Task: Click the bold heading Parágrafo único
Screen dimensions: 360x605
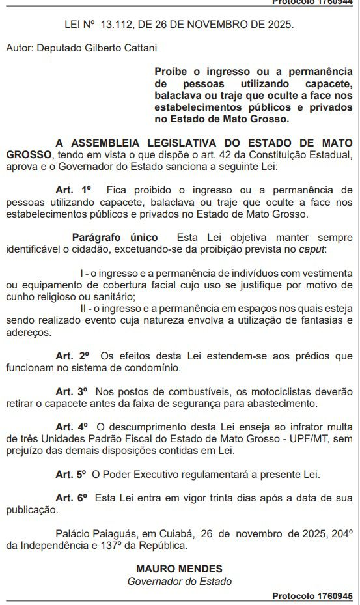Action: click(x=114, y=237)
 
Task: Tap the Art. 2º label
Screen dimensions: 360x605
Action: click(x=72, y=356)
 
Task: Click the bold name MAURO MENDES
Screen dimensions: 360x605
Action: click(x=179, y=569)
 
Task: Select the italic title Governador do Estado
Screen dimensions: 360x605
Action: click(x=179, y=581)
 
